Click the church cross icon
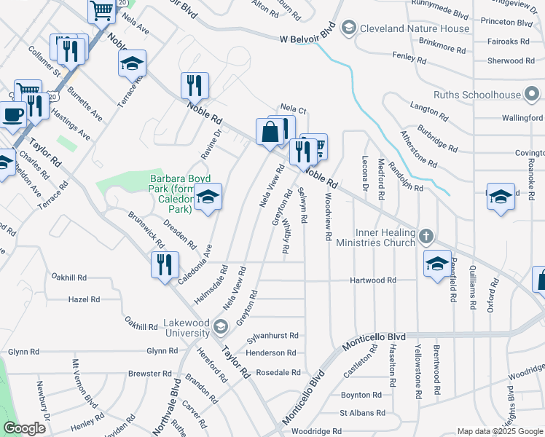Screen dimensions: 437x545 (427, 237)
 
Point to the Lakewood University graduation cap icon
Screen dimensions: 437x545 (220, 326)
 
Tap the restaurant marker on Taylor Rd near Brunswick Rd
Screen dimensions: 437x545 (165, 264)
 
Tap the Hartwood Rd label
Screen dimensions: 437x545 (372, 280)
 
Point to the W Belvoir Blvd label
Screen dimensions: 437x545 (307, 38)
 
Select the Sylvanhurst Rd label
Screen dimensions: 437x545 (273, 336)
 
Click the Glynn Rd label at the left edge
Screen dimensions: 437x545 (24, 352)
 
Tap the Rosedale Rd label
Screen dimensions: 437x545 (276, 372)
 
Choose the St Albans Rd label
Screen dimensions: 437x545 (362, 413)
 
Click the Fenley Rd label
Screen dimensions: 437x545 (408, 55)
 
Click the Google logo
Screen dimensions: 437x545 (24, 428)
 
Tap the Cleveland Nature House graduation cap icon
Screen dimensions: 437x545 (348, 28)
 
